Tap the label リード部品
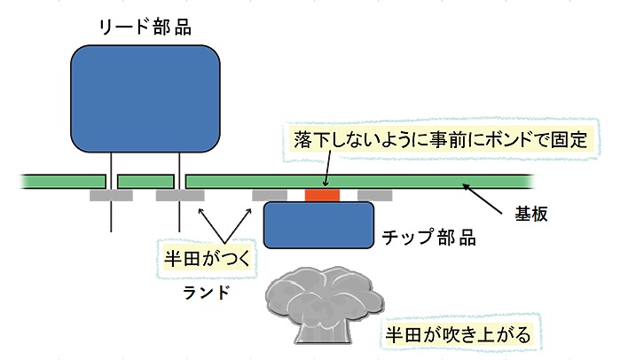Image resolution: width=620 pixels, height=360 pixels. [145, 27]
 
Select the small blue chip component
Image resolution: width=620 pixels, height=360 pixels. [318, 223]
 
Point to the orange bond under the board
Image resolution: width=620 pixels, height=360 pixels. [321, 194]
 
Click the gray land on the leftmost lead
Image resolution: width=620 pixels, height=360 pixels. [111, 194]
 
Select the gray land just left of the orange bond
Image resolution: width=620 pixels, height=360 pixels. [270, 194]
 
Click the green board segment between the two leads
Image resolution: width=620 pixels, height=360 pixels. [146, 181]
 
